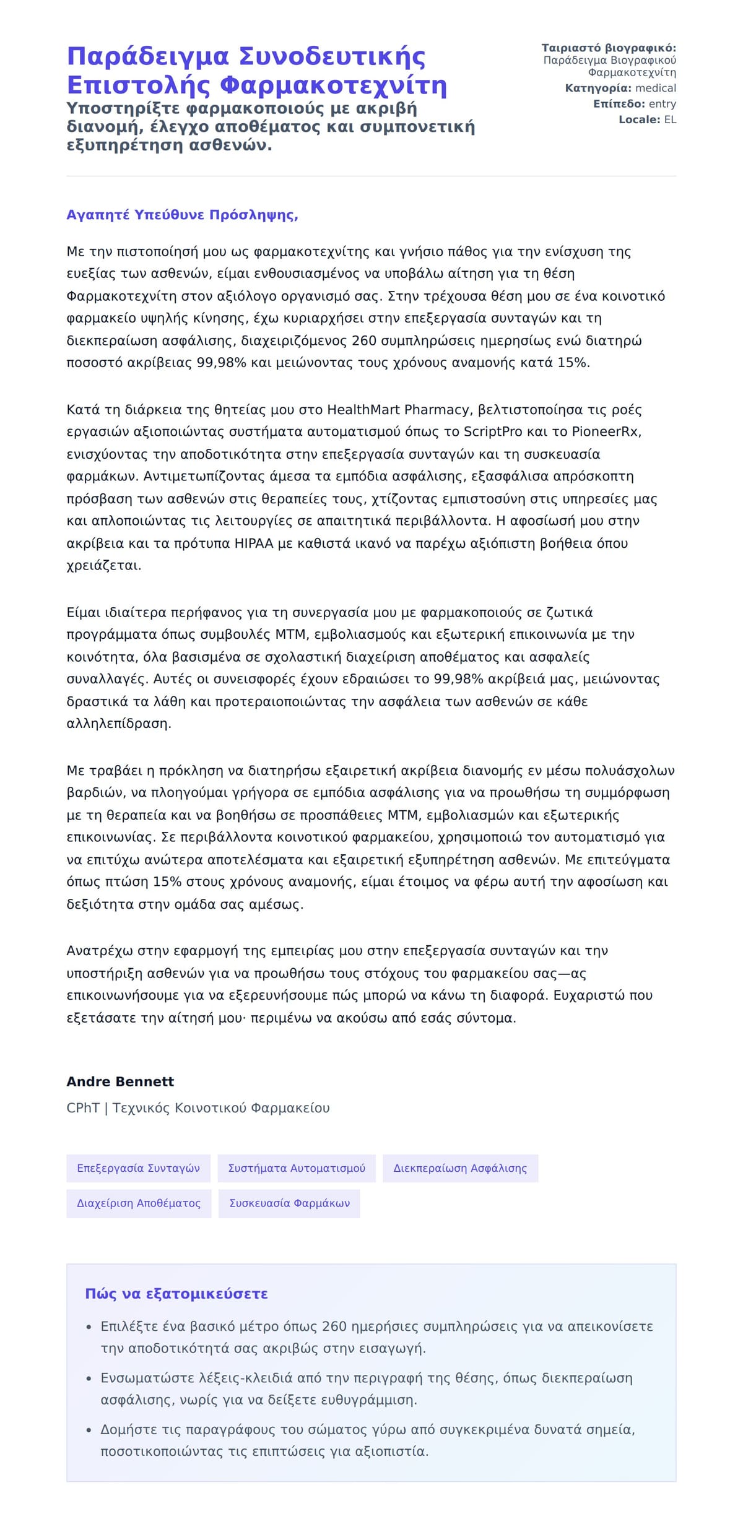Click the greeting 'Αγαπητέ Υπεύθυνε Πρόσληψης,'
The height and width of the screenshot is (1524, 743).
tap(182, 215)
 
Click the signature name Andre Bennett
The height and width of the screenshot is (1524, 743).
tap(120, 1081)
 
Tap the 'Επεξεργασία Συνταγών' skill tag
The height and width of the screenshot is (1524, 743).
tap(138, 1168)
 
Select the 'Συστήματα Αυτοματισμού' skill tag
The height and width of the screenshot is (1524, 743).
tap(297, 1168)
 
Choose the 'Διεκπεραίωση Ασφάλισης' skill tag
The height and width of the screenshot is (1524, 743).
tap(460, 1168)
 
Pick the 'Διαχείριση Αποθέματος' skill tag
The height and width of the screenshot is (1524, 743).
tap(138, 1203)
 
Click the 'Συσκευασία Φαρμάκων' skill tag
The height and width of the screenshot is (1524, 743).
tap(289, 1203)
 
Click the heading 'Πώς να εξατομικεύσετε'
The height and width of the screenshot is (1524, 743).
tap(176, 1294)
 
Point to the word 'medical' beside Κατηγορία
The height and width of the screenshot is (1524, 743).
tap(656, 89)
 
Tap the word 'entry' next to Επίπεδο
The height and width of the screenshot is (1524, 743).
tap(662, 104)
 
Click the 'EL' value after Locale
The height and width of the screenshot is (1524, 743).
tap(670, 119)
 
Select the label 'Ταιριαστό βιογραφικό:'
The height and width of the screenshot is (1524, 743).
tap(609, 48)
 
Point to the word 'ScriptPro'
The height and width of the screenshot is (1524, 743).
tap(493, 431)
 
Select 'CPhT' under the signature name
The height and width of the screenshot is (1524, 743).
tap(83, 1108)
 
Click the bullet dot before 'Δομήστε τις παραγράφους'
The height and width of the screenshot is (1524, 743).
tap(89, 1431)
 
